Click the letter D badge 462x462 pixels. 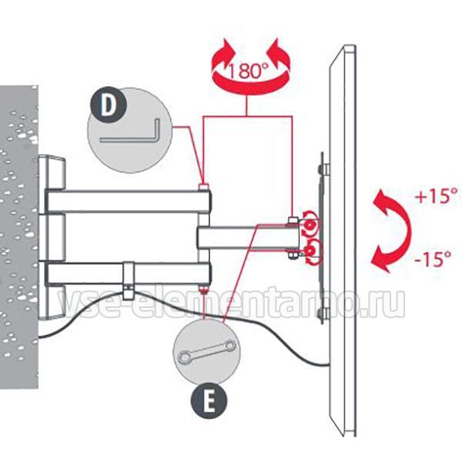click(108, 105)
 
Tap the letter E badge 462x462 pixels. click(209, 400)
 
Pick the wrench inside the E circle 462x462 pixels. click(207, 350)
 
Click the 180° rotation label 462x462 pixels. click(249, 71)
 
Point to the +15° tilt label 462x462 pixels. click(437, 196)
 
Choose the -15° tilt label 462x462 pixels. click(433, 259)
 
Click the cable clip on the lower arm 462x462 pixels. click(128, 280)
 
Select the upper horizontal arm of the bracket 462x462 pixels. click(129, 202)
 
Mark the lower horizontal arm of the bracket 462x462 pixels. click(129, 273)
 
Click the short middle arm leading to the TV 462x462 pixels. click(249, 237)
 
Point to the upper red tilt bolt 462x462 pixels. click(310, 225)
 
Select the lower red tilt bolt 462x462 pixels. click(310, 251)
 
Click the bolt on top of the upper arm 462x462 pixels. click(204, 187)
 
